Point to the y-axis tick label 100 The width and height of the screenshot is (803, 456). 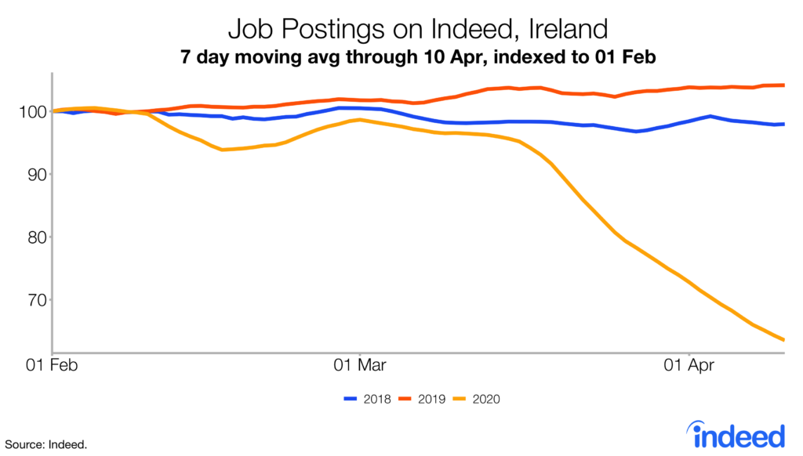pyautogui.click(x=28, y=112)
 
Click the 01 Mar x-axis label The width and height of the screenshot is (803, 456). pyautogui.click(x=359, y=364)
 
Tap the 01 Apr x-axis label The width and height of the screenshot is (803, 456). pyautogui.click(x=688, y=364)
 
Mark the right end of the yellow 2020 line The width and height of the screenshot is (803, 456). pyautogui.click(x=784, y=339)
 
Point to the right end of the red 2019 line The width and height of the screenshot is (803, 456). pyautogui.click(x=784, y=85)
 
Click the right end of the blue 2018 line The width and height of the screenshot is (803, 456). pyautogui.click(x=784, y=124)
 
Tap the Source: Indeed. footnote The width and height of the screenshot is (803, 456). pyautogui.click(x=44, y=444)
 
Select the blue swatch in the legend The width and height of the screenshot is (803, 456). pyautogui.click(x=351, y=400)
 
